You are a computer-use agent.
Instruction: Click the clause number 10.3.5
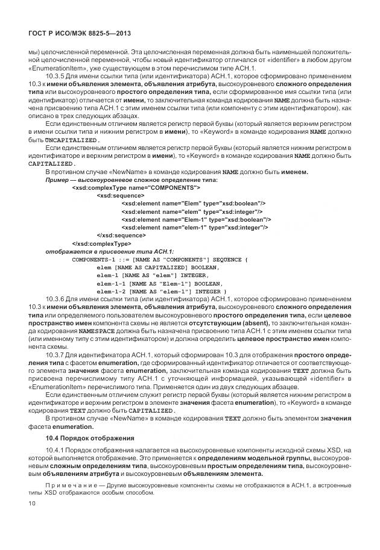[x=57, y=77]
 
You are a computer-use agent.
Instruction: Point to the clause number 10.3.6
[x=57, y=299]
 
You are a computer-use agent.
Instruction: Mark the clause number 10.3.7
[x=57, y=355]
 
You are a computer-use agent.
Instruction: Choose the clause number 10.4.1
[x=55, y=451]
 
